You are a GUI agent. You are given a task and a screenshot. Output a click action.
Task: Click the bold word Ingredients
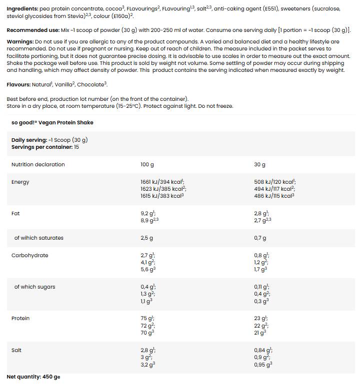click(x=22, y=8)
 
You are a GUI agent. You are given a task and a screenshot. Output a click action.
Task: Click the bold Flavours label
click(x=18, y=84)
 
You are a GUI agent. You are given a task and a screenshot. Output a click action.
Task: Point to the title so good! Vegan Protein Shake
click(x=52, y=122)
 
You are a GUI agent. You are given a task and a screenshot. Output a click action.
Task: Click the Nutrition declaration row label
click(x=38, y=164)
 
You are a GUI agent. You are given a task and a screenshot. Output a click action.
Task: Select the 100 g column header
click(x=147, y=164)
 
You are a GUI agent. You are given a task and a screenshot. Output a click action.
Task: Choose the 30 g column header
click(x=259, y=164)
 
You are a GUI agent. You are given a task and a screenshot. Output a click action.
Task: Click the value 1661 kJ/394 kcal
click(x=162, y=182)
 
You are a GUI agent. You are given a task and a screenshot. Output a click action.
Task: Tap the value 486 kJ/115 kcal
click(x=273, y=196)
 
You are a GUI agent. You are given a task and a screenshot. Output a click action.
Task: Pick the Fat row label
click(x=15, y=213)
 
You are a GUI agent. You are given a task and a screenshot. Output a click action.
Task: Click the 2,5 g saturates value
click(x=147, y=238)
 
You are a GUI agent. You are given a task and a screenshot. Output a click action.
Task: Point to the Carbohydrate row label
click(x=30, y=255)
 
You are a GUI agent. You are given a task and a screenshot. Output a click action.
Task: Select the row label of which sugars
click(x=34, y=287)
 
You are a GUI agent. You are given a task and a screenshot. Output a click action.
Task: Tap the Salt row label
click(x=16, y=350)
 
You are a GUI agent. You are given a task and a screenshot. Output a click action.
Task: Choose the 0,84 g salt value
click(x=262, y=350)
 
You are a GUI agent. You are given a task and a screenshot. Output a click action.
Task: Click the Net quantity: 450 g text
click(x=33, y=377)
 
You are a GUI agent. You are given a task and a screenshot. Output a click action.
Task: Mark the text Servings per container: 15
click(x=45, y=147)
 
